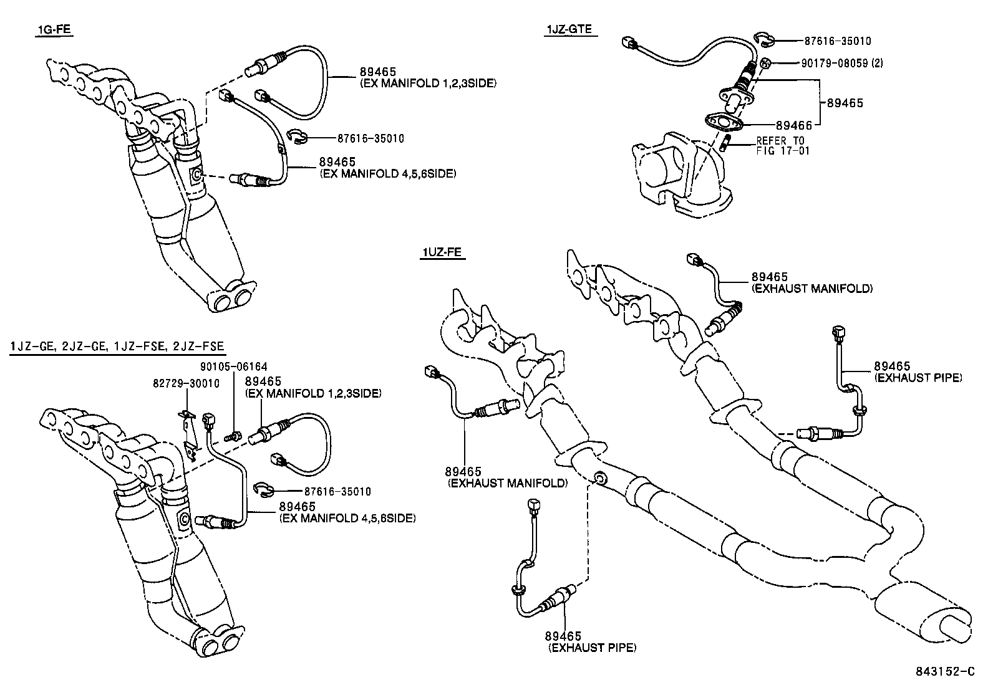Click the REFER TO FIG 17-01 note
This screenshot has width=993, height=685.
780,145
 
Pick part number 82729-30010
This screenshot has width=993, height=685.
186,383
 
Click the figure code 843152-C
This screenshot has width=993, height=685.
944,671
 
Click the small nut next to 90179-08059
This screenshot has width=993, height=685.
767,62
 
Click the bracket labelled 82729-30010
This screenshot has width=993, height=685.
189,430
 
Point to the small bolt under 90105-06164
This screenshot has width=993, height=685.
234,436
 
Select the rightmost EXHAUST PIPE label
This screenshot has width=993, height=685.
918,378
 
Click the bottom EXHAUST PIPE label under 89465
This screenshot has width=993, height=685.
592,648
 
